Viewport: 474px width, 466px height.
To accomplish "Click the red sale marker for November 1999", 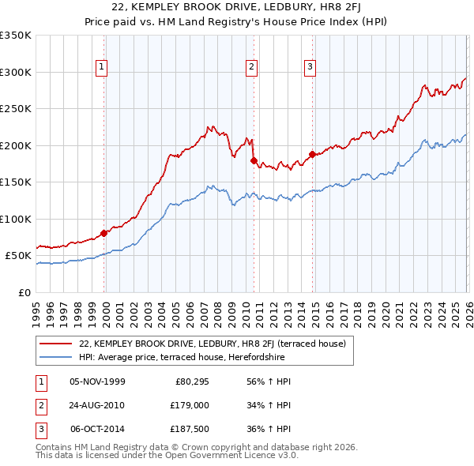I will (104, 233).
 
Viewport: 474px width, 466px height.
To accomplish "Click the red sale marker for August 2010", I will (254, 160).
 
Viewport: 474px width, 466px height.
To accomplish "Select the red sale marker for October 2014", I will (312, 154).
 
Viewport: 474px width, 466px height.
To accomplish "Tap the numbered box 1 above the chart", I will (103, 68).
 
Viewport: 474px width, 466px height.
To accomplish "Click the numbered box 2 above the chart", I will (251, 68).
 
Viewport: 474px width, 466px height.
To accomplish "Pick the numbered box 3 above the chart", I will (310, 68).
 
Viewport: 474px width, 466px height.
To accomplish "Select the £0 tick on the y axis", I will (25, 292).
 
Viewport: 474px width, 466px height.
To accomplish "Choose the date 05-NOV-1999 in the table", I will (97, 381).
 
